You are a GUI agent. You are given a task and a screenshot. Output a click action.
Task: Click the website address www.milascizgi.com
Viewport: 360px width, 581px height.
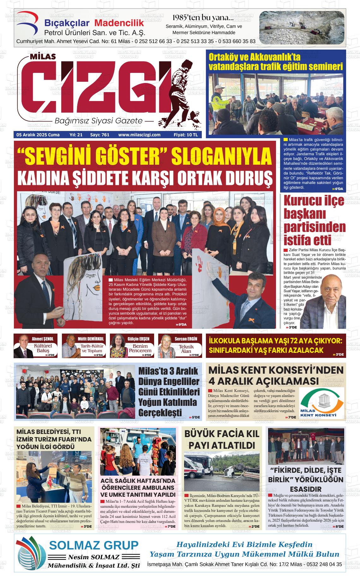click(x=139, y=135)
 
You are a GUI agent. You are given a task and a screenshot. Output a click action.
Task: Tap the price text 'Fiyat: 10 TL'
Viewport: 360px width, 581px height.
click(x=185, y=135)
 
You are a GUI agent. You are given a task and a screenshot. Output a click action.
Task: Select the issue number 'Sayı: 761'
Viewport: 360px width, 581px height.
click(x=100, y=135)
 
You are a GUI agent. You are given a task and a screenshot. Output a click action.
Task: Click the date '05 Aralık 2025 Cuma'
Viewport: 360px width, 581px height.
click(x=38, y=135)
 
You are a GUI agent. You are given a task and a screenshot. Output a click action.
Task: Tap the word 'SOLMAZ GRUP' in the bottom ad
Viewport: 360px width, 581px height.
click(x=94, y=545)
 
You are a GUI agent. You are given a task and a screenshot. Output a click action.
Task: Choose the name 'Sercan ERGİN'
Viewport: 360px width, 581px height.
click(x=186, y=339)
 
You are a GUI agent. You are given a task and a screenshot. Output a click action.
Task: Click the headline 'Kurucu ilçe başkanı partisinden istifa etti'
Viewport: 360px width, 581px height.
click(x=314, y=220)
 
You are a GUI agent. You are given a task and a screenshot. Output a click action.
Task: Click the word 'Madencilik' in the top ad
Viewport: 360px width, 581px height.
click(x=119, y=23)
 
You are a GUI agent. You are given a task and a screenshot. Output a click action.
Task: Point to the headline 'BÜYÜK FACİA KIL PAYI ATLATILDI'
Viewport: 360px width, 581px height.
click(x=222, y=439)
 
